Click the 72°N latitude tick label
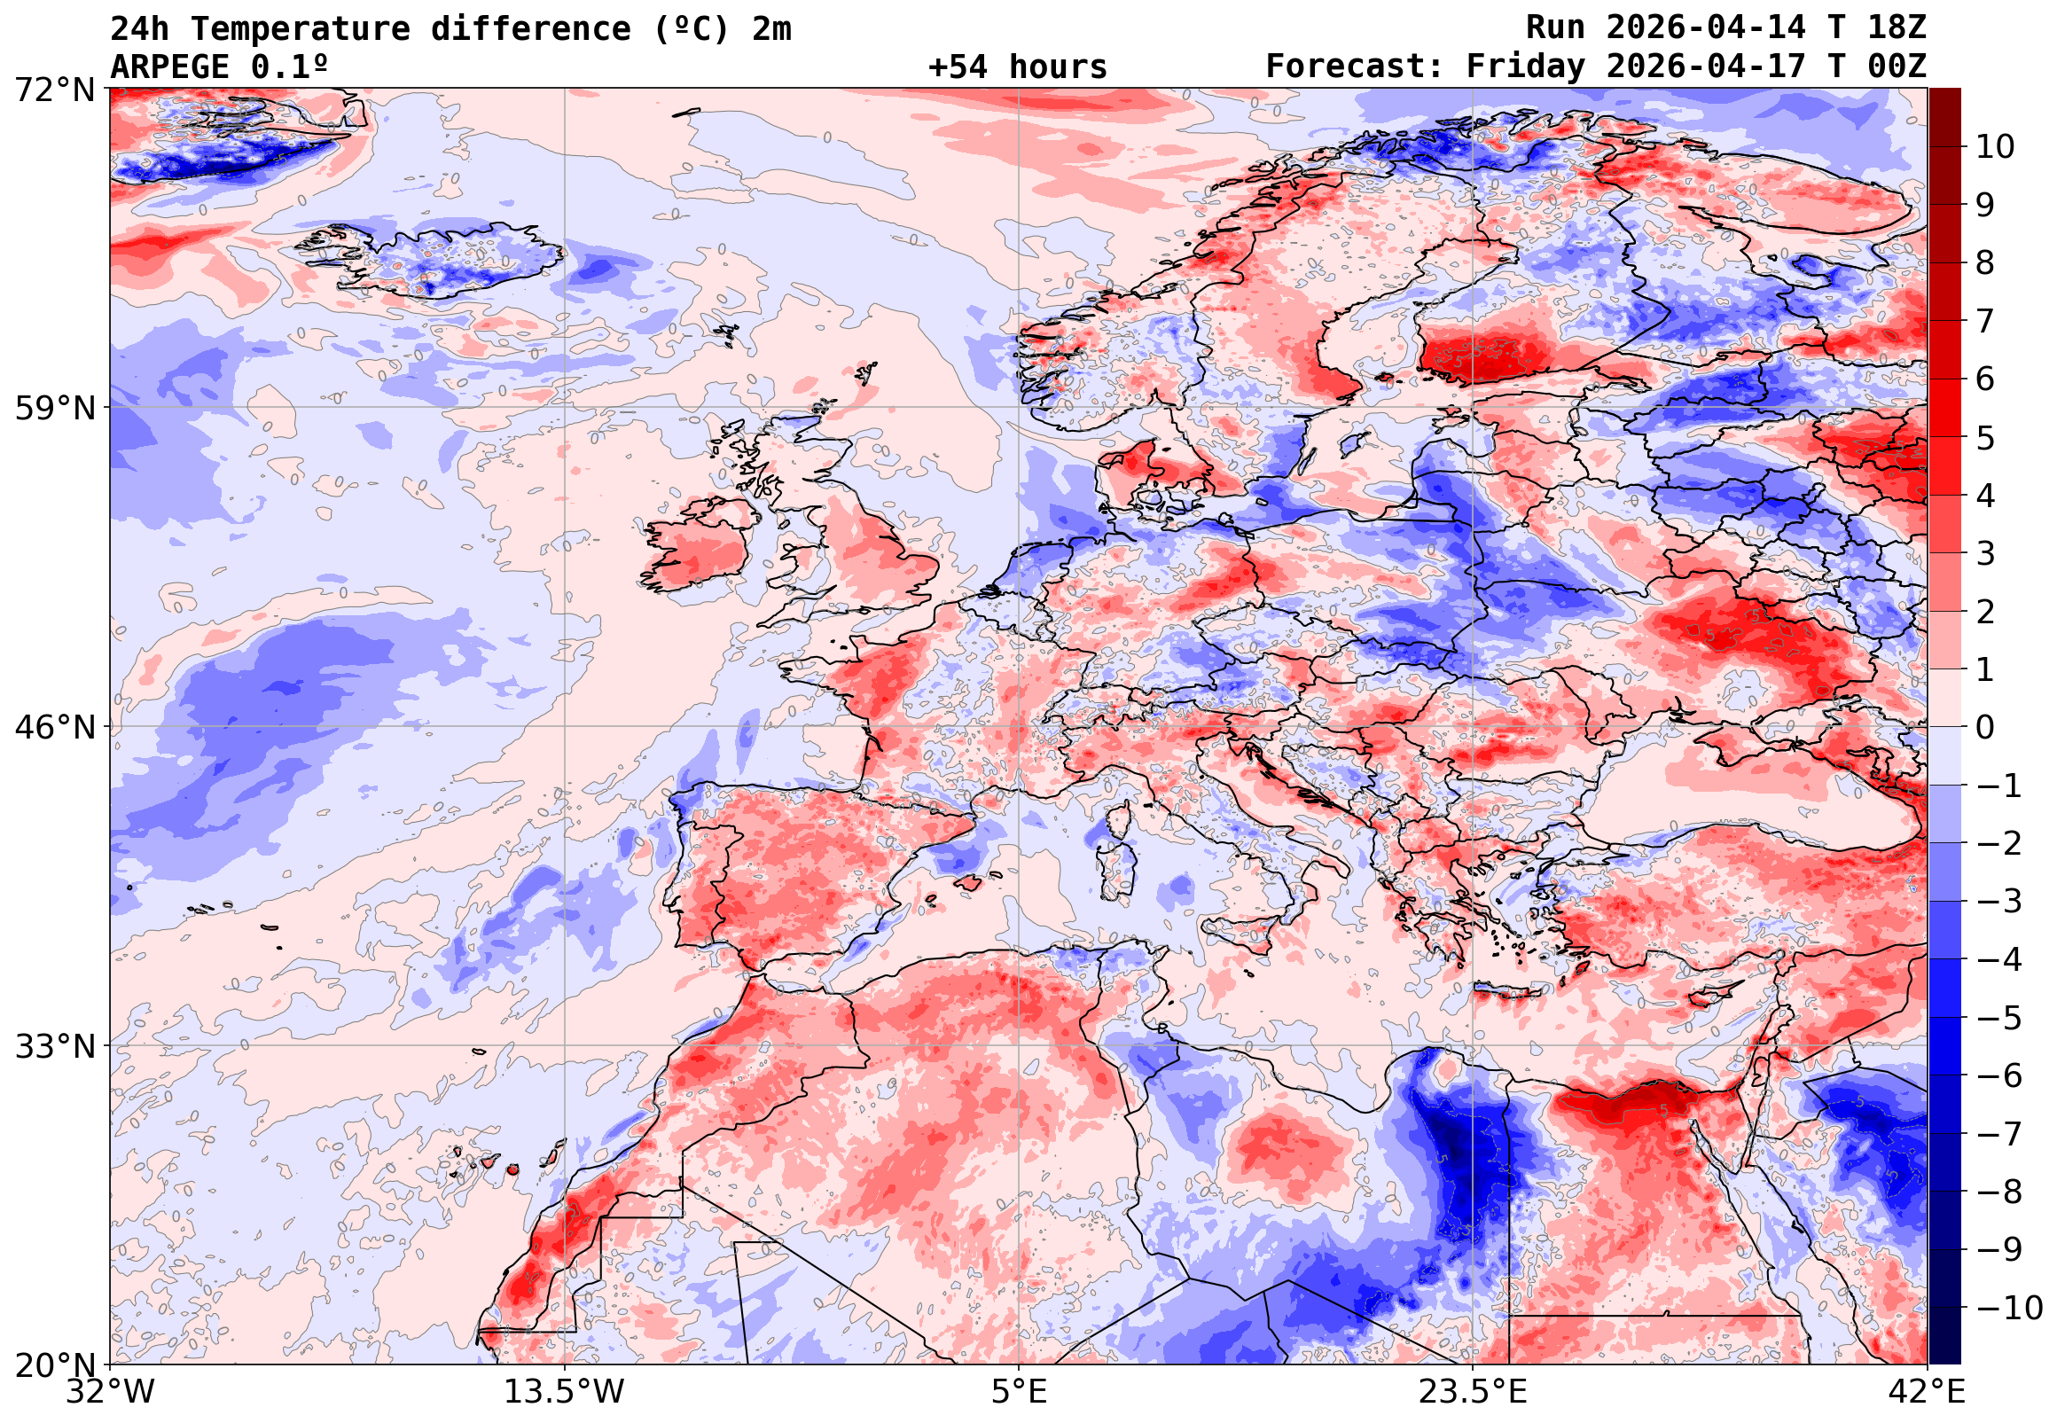(54, 90)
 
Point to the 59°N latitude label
(54, 409)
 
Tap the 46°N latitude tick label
(54, 728)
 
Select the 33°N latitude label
(54, 1046)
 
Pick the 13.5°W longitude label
(565, 1392)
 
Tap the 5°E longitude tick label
(1019, 1392)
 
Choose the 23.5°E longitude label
(1473, 1392)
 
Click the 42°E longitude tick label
(1928, 1392)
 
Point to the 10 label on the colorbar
(1995, 147)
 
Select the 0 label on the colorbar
(1985, 728)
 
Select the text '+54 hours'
(1017, 66)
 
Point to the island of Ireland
(700, 548)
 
